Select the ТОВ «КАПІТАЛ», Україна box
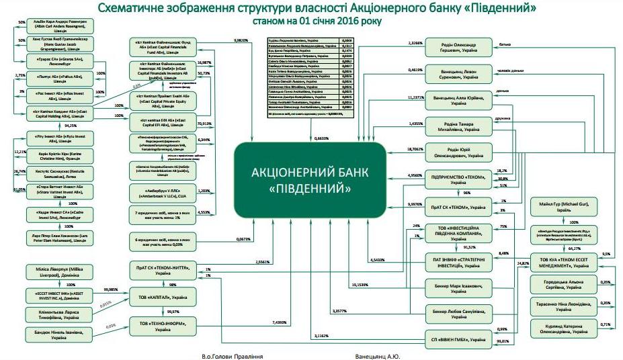[161, 296]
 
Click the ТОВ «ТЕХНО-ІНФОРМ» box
[161, 326]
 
